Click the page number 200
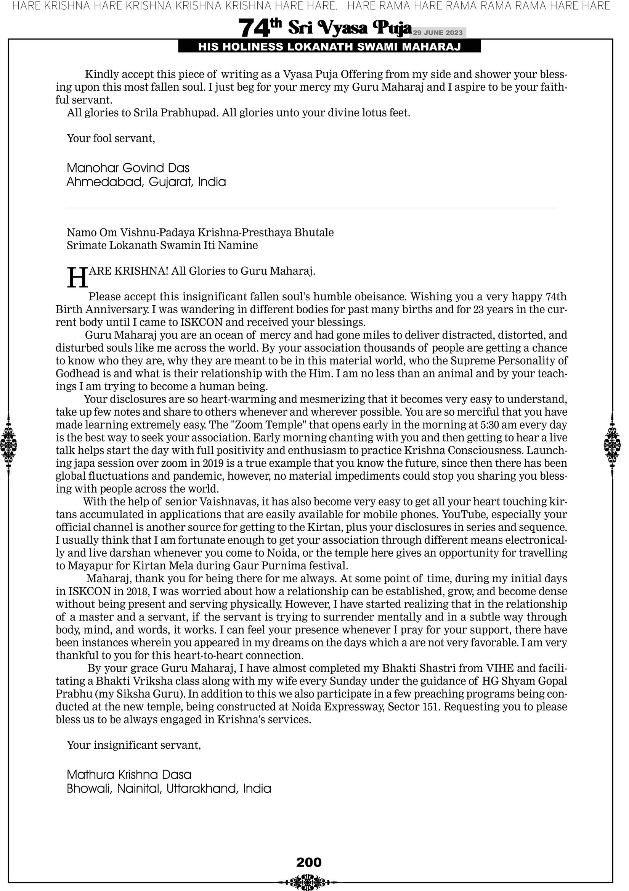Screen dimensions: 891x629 tap(309, 862)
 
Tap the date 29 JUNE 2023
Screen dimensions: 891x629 tap(437, 32)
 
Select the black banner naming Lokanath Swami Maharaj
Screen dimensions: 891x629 tap(329, 47)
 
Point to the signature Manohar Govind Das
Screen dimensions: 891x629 tap(128, 168)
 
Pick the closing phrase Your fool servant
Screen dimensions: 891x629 tap(111, 138)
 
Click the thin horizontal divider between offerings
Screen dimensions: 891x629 tap(311, 208)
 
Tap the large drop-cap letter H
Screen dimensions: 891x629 tap(77, 278)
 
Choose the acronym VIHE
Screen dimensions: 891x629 tap(500, 668)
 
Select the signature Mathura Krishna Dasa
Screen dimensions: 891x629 tap(129, 775)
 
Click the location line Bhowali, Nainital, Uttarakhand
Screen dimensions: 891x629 tap(169, 789)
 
